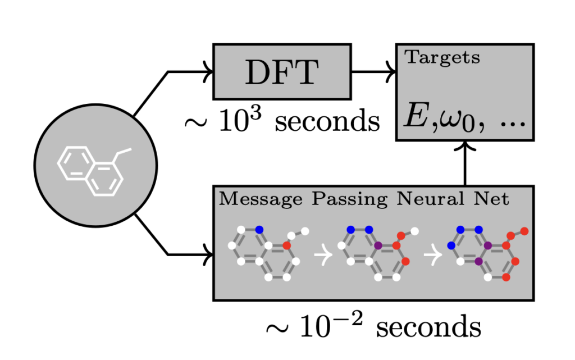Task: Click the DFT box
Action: pos(282,72)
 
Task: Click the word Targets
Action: pos(442,57)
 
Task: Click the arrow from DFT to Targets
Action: pos(373,72)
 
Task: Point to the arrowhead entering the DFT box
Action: pos(208,72)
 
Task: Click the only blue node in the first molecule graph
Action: pos(259,229)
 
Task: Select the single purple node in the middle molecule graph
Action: pos(378,245)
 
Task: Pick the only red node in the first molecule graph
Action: pos(286,245)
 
